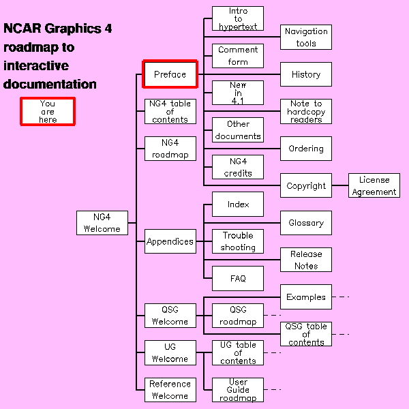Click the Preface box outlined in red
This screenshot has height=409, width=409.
pyautogui.click(x=170, y=74)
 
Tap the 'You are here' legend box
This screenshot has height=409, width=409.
pyautogui.click(x=47, y=112)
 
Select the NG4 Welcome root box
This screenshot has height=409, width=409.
pyautogui.click(x=102, y=223)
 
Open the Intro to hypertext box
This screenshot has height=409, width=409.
pyautogui.click(x=238, y=18)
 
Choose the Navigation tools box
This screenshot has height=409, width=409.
pyautogui.click(x=306, y=37)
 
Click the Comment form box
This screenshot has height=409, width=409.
pyautogui.click(x=238, y=56)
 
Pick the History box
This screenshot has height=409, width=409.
pyautogui.click(x=306, y=74)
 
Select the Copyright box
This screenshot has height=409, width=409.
pyautogui.click(x=306, y=185)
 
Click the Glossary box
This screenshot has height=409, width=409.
pyautogui.click(x=306, y=223)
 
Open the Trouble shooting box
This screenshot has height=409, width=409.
pyautogui.click(x=238, y=241)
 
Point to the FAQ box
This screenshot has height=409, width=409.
pyautogui.click(x=238, y=278)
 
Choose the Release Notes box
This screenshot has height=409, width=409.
pyautogui.click(x=306, y=260)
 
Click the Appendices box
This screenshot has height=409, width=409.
pyautogui.click(x=170, y=241)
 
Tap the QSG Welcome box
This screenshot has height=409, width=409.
pyautogui.click(x=170, y=316)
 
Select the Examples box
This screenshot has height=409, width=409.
pyautogui.click(x=306, y=297)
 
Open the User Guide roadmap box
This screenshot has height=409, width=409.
pyautogui.click(x=238, y=389)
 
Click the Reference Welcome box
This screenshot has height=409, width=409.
pyautogui.click(x=170, y=389)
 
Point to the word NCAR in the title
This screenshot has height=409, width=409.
pyautogui.click(x=22, y=29)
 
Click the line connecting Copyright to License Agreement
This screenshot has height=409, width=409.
pyautogui.click(x=340, y=185)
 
